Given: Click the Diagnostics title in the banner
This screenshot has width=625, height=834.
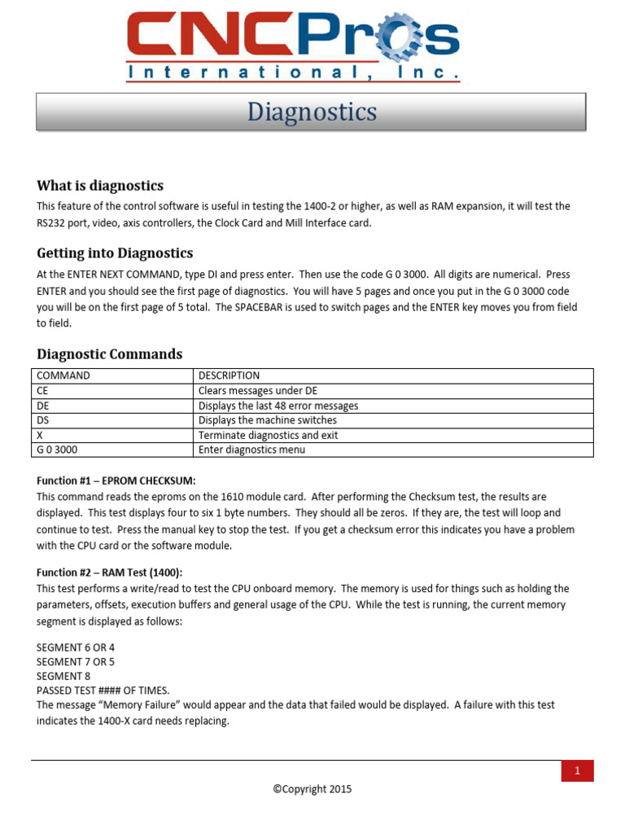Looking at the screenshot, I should point(312,112).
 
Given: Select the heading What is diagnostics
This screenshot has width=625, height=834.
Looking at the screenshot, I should point(100,186).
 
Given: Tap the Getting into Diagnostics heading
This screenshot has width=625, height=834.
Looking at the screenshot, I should point(115,252).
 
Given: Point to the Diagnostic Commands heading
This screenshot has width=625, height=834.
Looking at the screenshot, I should point(110,354).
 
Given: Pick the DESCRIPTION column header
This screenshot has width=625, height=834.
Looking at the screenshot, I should point(229,375).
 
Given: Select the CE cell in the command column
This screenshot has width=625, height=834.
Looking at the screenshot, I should point(44,391).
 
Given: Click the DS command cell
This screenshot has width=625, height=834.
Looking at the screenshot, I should point(44,420).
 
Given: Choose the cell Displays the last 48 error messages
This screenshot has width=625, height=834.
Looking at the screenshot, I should point(278,406).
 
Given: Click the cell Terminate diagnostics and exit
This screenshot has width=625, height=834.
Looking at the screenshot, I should point(269,435).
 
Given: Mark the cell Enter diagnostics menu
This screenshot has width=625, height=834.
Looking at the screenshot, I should point(252,450).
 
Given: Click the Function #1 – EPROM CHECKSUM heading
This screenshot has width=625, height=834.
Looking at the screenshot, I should point(116,481).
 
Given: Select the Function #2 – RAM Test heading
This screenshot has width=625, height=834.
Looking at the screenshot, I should point(110,573).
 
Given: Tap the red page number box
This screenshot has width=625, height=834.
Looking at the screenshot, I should point(577,771).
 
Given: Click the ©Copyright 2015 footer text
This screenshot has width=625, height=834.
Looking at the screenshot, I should point(312,788).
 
